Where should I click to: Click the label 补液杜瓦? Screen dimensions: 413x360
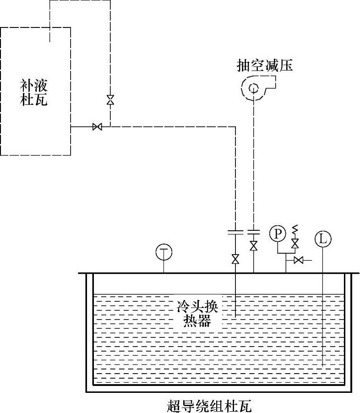click(x=34, y=92)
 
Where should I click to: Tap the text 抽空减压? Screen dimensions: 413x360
click(x=264, y=66)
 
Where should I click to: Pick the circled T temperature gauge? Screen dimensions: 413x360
click(x=164, y=251)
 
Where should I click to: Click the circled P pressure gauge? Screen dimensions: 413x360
click(x=277, y=234)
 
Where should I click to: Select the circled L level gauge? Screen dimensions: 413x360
click(x=323, y=238)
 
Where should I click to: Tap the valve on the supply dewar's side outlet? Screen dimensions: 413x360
click(x=97, y=127)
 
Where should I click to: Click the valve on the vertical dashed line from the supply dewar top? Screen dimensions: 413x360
click(x=110, y=100)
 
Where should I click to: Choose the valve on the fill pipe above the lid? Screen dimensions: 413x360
click(x=235, y=259)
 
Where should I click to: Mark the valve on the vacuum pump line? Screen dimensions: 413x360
click(x=253, y=245)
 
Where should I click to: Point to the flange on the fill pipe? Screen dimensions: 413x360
click(x=235, y=231)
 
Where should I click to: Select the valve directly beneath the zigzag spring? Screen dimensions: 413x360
click(x=295, y=242)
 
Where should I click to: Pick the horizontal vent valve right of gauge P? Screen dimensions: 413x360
click(x=299, y=261)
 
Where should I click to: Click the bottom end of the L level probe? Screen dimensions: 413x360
click(x=323, y=365)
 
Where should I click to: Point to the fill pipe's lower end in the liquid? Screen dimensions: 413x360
click(x=235, y=317)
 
